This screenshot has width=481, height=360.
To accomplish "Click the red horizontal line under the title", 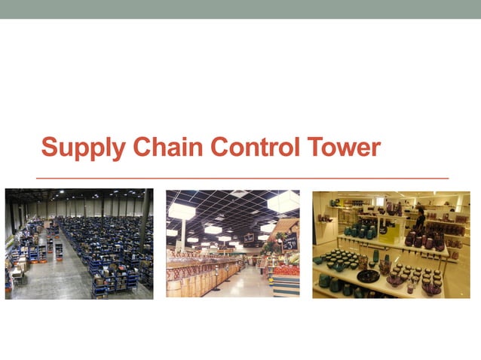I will point(241,178).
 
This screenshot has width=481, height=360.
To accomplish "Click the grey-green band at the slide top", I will point(240,9).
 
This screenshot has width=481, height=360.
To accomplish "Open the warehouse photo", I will point(79,244).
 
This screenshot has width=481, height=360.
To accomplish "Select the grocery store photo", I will point(233,244).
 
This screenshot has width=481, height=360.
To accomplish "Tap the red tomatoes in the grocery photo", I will point(286,269).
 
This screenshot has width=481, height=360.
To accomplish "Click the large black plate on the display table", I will point(368,276).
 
